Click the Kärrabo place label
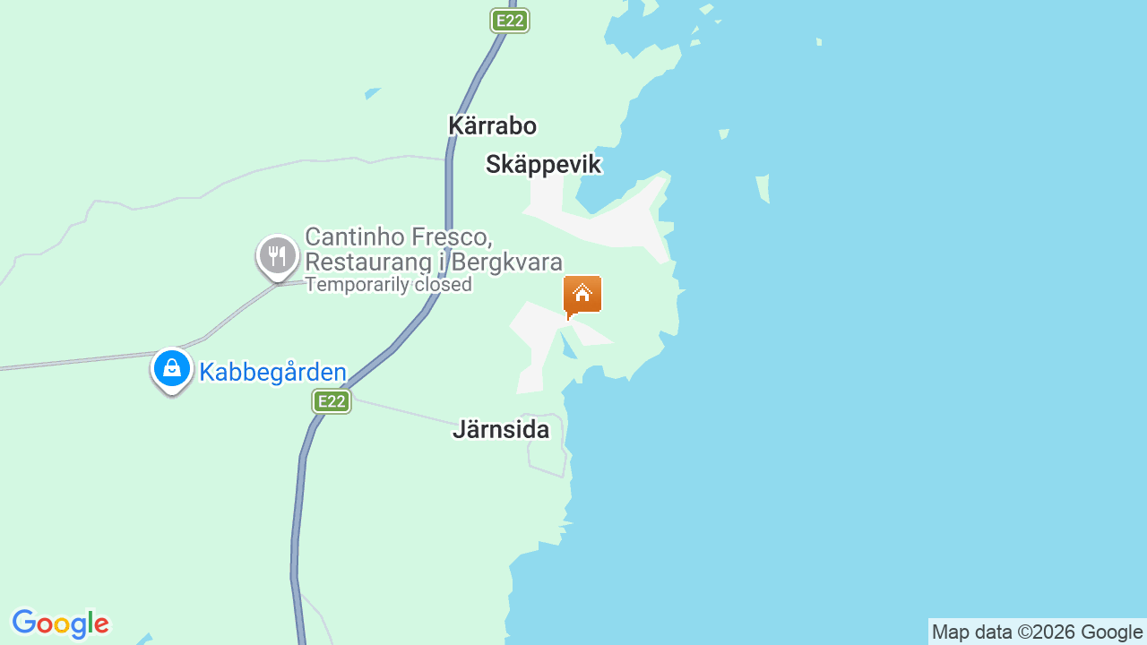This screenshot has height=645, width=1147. tap(492, 125)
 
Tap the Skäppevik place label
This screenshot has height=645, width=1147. tap(543, 164)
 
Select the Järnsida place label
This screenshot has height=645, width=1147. tap(500, 429)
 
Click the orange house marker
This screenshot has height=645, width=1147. tap(582, 295)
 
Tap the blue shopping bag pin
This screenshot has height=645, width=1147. tap(171, 368)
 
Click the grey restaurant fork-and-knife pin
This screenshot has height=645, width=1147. tap(278, 256)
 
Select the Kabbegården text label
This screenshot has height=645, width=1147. tap(272, 372)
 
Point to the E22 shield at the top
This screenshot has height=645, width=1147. tap(510, 21)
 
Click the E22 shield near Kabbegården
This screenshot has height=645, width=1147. tap(332, 401)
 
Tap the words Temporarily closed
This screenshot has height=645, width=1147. tap(388, 285)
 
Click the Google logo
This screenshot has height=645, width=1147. tap(61, 623)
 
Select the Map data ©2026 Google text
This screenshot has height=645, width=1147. tap(1037, 632)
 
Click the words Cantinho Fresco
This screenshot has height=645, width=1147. tap(399, 237)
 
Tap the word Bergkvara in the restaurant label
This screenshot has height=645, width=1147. tap(507, 262)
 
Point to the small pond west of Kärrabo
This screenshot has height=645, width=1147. tap(372, 93)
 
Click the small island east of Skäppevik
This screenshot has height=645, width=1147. tap(763, 188)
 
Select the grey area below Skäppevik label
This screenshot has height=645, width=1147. tap(609, 224)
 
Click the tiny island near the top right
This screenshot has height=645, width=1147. tap(819, 42)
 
